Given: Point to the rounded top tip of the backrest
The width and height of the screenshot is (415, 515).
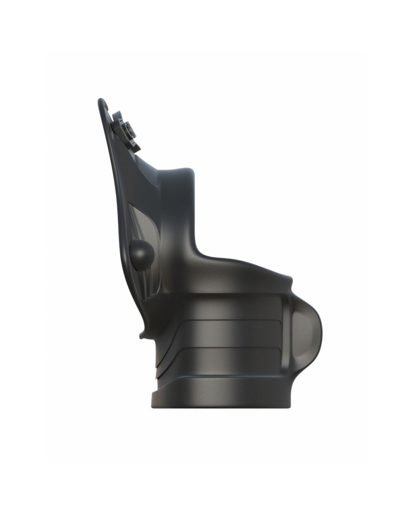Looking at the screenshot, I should click(x=101, y=101).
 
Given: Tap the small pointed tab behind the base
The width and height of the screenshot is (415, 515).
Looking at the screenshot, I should click(x=143, y=334).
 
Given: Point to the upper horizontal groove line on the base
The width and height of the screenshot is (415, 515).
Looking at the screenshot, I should click(x=225, y=321).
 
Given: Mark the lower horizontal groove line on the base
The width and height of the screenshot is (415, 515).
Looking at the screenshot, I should click(x=225, y=347).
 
